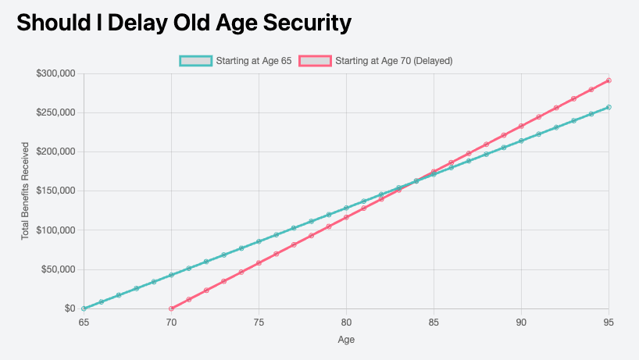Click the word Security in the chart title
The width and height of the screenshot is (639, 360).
tap(307, 23)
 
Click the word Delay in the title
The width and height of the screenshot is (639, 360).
tap(137, 23)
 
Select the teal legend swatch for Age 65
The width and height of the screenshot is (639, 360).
tap(195, 61)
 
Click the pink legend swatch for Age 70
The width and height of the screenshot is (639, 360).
tap(315, 61)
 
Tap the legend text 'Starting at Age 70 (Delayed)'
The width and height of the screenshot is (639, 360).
tap(394, 61)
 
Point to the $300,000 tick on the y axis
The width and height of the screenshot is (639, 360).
tap(55, 73)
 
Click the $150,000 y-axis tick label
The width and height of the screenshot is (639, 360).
tap(55, 191)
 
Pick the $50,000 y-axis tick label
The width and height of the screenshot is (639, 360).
tap(59, 269)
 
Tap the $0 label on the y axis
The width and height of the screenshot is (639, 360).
tap(70, 308)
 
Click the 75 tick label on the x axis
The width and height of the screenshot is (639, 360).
tap(259, 323)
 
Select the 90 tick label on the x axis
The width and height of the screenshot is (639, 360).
tap(521, 323)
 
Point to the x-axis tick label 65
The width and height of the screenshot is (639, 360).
tap(84, 323)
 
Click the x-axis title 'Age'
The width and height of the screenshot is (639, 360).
tap(346, 340)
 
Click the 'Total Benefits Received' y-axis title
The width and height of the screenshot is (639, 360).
tap(25, 191)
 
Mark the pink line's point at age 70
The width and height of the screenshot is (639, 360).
tap(171, 308)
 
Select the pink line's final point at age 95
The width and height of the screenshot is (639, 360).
tap(609, 80)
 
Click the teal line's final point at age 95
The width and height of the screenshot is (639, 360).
tap(609, 107)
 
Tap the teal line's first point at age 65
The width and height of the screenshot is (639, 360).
tap(84, 308)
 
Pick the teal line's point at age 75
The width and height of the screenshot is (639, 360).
tap(259, 241)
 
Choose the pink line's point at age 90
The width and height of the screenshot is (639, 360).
tap(521, 127)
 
